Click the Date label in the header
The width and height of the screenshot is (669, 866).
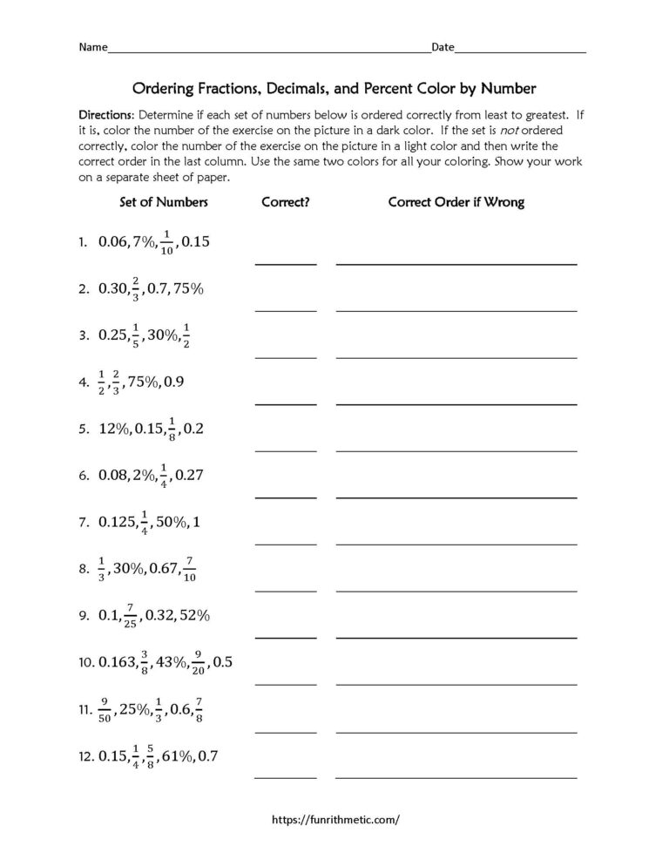(443, 47)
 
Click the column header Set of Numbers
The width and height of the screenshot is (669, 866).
(164, 202)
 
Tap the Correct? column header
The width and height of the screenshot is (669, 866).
(286, 202)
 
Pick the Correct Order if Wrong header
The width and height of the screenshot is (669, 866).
(456, 202)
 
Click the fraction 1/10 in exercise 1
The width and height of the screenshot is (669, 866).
(166, 243)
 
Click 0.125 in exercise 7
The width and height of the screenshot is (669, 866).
(116, 523)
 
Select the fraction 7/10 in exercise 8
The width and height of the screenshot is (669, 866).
(190, 569)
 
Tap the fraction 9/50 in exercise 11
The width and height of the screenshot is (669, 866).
(105, 710)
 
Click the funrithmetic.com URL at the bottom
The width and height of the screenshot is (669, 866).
(336, 820)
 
